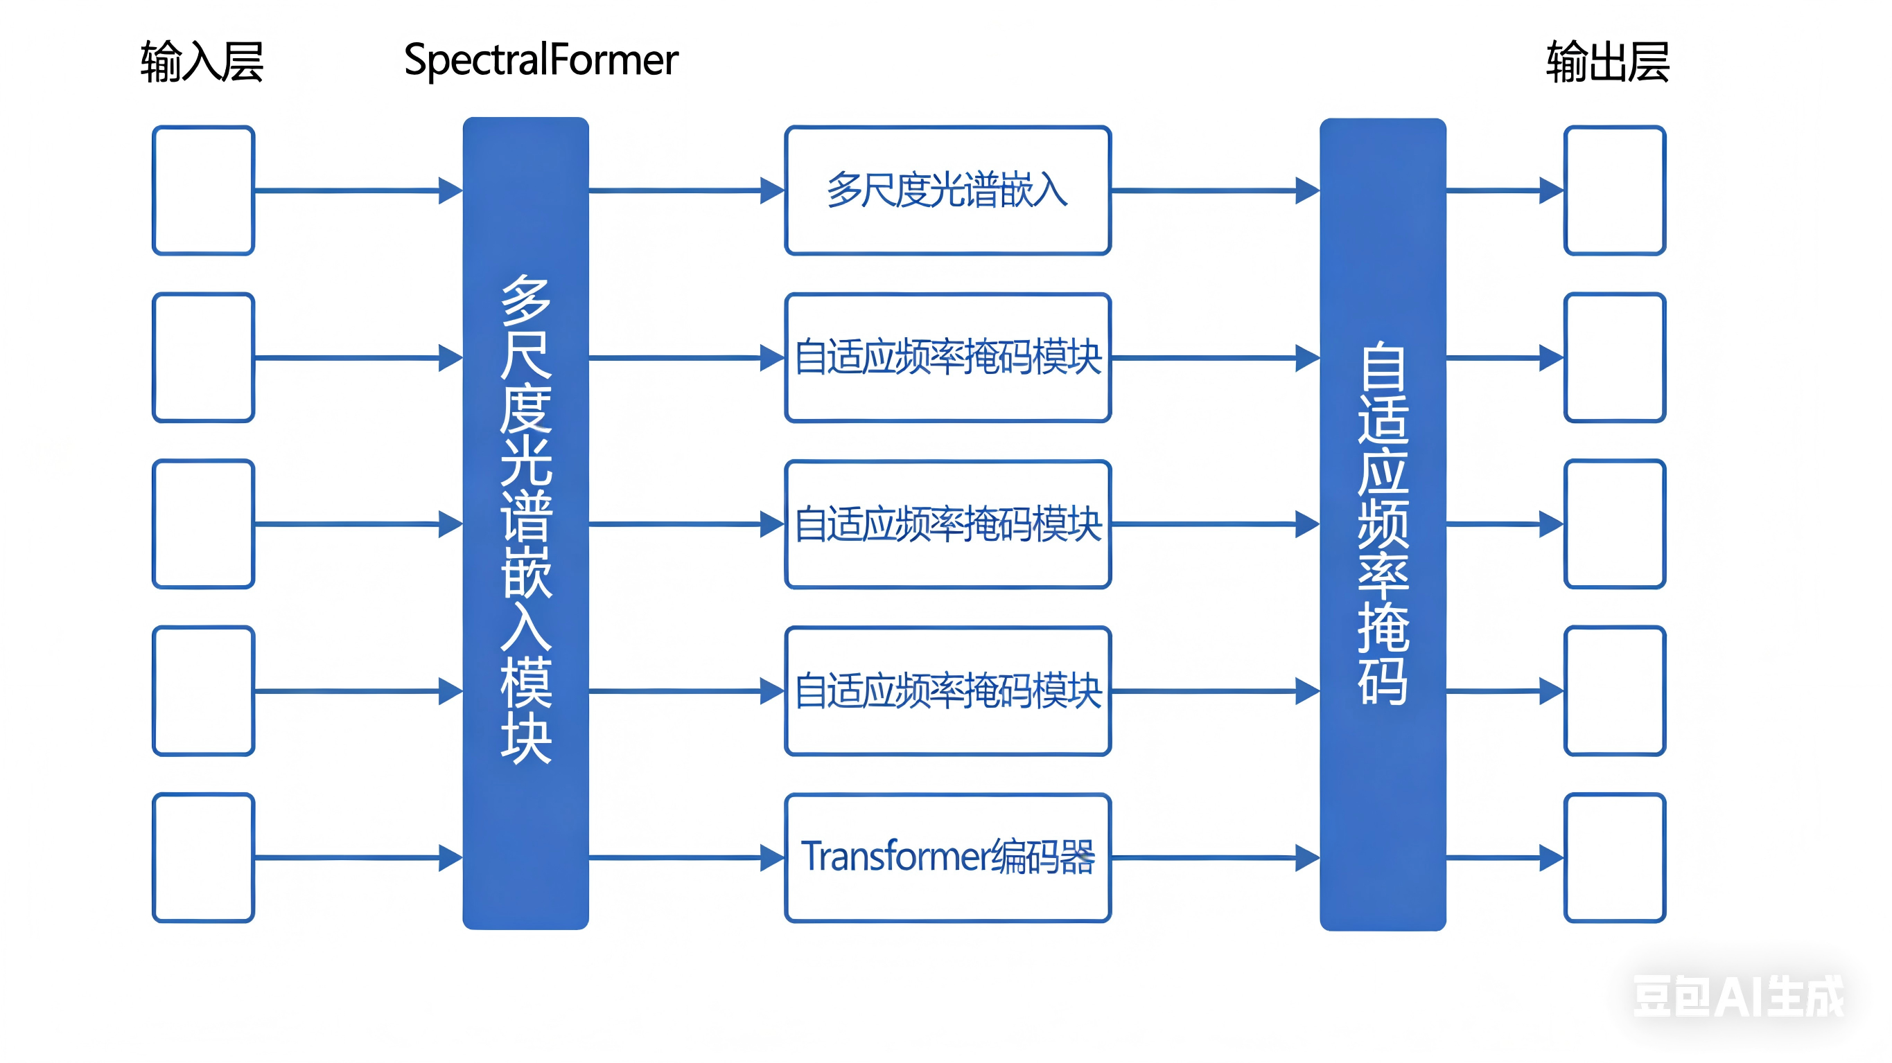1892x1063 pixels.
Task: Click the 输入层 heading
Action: point(202,61)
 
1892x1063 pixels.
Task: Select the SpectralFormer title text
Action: point(541,60)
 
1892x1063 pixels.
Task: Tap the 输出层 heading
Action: point(1607,61)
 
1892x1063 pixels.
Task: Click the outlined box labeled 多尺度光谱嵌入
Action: point(947,190)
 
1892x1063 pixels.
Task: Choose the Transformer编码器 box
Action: point(947,857)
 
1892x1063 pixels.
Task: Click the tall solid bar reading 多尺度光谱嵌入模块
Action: point(525,523)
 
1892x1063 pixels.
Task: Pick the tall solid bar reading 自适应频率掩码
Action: point(1383,523)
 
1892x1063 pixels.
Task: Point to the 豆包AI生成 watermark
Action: point(1737,997)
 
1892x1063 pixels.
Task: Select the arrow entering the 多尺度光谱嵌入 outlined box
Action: point(686,190)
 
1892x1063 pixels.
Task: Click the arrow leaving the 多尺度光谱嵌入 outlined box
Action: point(1215,190)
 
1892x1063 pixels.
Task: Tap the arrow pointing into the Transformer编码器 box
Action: point(686,857)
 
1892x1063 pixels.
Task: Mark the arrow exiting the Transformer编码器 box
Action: point(1215,857)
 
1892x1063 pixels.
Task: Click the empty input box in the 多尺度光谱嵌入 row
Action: point(204,190)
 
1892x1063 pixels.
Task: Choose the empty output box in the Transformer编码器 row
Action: point(1614,857)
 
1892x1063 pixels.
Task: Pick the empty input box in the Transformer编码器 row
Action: point(204,857)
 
